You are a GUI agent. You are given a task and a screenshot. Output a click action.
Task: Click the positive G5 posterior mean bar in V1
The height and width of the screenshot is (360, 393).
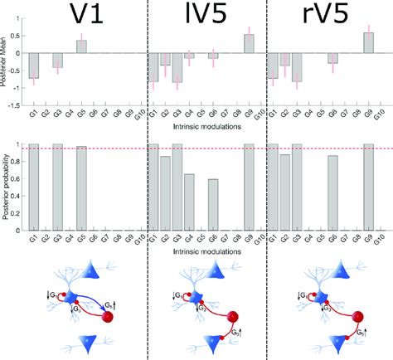point(81,46)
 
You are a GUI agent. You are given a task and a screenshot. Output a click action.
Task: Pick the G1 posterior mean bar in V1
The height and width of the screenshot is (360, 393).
point(34,66)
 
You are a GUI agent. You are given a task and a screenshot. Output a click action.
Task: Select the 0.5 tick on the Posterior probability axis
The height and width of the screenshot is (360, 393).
point(18,185)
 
